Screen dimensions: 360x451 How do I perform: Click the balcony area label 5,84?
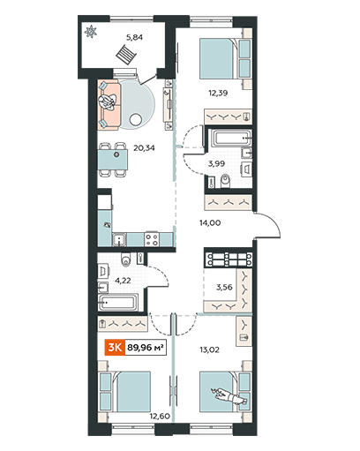click(x=134, y=37)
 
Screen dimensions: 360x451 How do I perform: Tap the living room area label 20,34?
click(x=144, y=147)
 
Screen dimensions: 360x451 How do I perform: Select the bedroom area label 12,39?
click(x=218, y=94)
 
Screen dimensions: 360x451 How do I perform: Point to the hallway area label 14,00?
click(x=210, y=223)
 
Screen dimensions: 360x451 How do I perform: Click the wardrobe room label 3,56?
click(x=224, y=287)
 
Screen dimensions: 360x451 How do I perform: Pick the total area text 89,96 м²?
click(x=146, y=348)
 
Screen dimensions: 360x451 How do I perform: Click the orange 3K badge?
click(x=115, y=348)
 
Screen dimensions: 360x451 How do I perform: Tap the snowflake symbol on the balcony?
click(x=90, y=32)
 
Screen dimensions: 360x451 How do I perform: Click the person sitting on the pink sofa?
click(x=107, y=102)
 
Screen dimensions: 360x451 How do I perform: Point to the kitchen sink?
click(x=119, y=239)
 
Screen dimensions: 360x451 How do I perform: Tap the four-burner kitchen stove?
click(x=152, y=239)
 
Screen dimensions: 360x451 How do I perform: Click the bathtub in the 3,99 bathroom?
click(x=232, y=138)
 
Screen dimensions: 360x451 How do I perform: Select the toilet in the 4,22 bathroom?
click(x=126, y=259)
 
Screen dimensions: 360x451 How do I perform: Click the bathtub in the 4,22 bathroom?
click(x=117, y=302)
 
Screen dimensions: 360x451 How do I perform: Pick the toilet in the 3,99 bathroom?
click(x=226, y=181)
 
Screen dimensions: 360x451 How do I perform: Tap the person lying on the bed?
click(x=229, y=396)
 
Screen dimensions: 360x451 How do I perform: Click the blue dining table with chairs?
click(x=114, y=160)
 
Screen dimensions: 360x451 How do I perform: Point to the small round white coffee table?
click(x=136, y=119)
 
